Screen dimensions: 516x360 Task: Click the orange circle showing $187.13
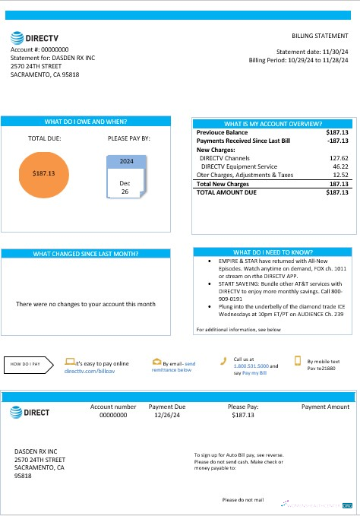(44, 173)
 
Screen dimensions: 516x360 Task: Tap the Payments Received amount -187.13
(336, 141)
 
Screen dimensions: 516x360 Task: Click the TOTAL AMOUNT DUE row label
(227, 193)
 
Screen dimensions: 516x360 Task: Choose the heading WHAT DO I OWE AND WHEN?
(86, 122)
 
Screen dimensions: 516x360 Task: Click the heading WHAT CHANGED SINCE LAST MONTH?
(86, 254)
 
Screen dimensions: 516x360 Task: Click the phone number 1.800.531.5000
(251, 366)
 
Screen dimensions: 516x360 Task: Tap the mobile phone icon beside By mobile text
(298, 362)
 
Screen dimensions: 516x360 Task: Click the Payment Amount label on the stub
(325, 407)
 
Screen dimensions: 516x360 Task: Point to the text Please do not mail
(242, 500)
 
